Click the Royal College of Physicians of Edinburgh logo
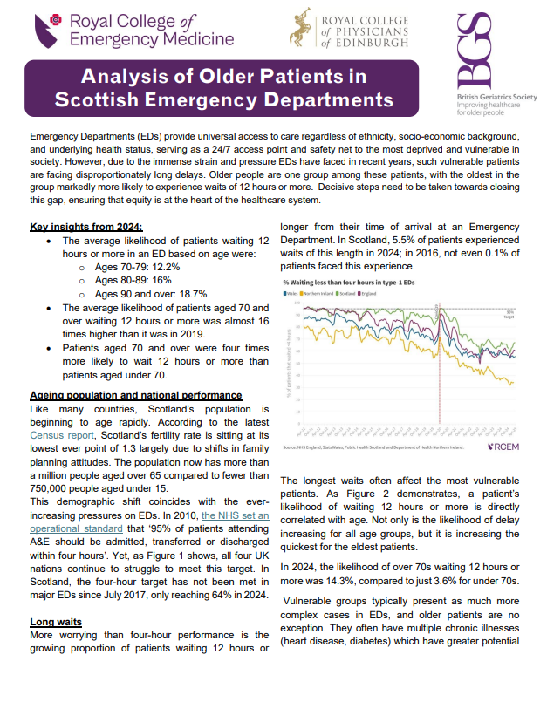pos(349,30)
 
